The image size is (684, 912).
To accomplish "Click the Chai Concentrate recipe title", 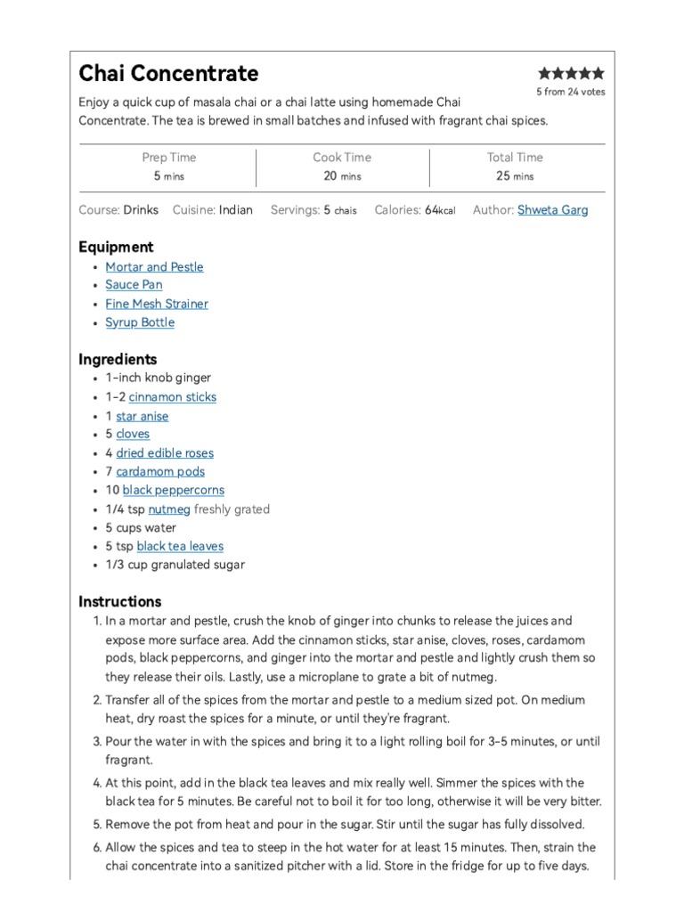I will [168, 73].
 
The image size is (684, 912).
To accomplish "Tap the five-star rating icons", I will [571, 73].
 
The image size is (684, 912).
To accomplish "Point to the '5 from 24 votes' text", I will [570, 92].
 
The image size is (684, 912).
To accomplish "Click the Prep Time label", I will [169, 157].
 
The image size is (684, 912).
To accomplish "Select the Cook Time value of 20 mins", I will [342, 175].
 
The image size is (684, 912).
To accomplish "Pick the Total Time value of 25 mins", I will [514, 175].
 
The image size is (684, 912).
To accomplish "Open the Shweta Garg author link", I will [552, 210].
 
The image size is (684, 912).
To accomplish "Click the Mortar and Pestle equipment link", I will [154, 266].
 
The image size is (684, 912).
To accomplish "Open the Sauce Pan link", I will [134, 285].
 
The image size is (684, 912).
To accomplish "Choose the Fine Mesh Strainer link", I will [157, 304].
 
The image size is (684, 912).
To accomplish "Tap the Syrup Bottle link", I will [140, 322].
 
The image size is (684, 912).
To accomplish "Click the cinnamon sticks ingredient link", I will [172, 397].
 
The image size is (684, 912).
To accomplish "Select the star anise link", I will [142, 416].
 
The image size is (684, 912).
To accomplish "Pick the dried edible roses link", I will [165, 453].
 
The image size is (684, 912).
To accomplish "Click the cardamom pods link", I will [160, 472].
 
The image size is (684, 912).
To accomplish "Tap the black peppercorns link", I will [173, 490].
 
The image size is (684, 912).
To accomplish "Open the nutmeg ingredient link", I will [169, 509].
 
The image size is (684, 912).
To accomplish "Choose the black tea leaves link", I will [180, 546].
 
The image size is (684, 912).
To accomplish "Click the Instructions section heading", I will [120, 601].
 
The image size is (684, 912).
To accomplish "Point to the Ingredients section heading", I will [118, 359].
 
